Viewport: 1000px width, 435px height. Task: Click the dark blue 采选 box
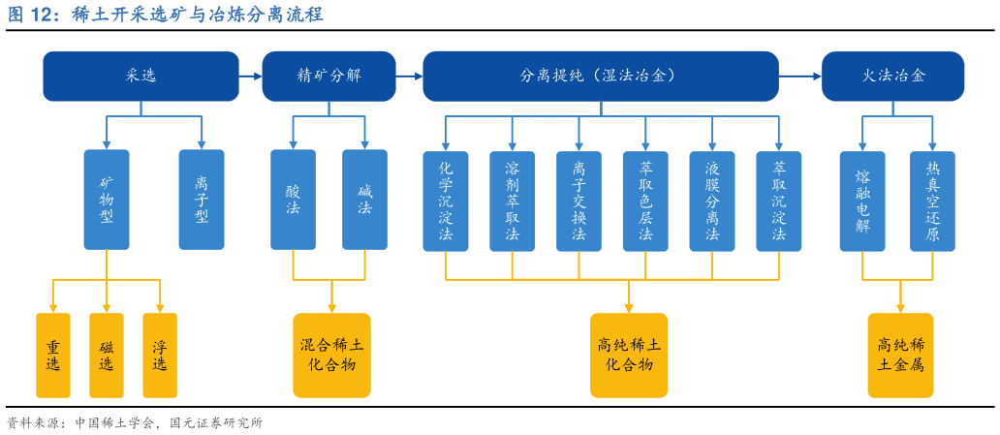(x=141, y=76)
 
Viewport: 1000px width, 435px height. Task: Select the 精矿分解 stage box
(x=328, y=76)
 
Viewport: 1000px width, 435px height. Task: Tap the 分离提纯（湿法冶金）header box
(x=600, y=76)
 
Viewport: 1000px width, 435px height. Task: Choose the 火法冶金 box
(x=892, y=76)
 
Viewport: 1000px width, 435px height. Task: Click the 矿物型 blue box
(x=107, y=200)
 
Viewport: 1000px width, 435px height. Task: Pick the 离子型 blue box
(x=202, y=200)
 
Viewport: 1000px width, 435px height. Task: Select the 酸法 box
(x=293, y=200)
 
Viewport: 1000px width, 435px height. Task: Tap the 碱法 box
(x=364, y=200)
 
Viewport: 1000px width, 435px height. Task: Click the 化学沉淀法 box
(x=446, y=201)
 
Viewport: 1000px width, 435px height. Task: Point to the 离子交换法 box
(x=578, y=201)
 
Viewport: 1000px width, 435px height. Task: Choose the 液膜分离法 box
(x=712, y=201)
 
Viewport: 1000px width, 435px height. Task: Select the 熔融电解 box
(x=862, y=201)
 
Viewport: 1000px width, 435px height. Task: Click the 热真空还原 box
(x=932, y=201)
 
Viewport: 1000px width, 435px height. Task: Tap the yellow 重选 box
(x=53, y=356)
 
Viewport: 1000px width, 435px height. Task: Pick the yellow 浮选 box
(x=160, y=356)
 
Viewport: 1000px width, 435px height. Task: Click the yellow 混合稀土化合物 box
(x=331, y=355)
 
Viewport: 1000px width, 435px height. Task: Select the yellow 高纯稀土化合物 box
(x=629, y=355)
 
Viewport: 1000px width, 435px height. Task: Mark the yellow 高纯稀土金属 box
(x=900, y=355)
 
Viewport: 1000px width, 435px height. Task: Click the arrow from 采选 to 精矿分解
(x=250, y=76)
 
